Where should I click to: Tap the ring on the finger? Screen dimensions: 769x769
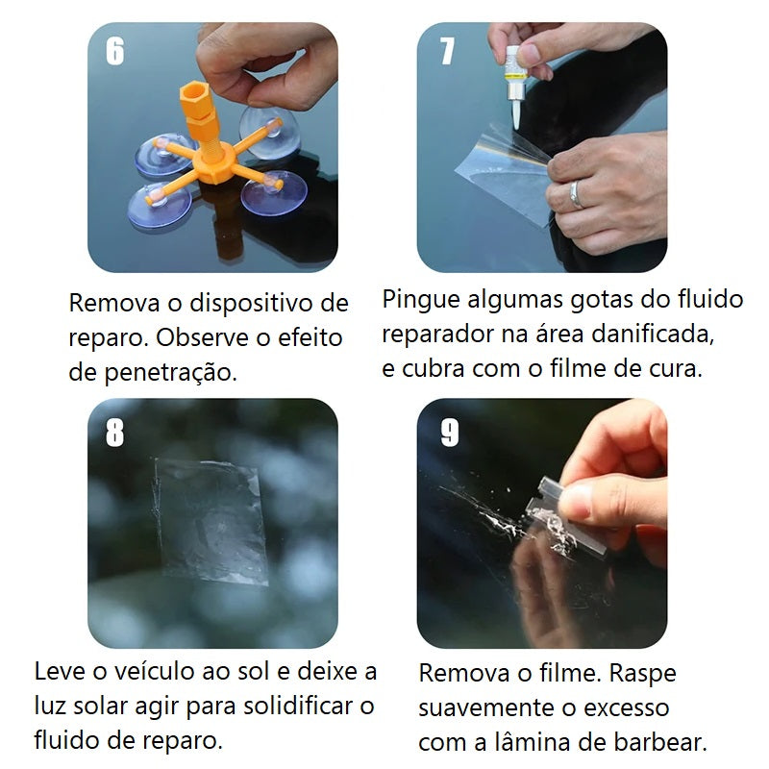pos(576,194)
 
